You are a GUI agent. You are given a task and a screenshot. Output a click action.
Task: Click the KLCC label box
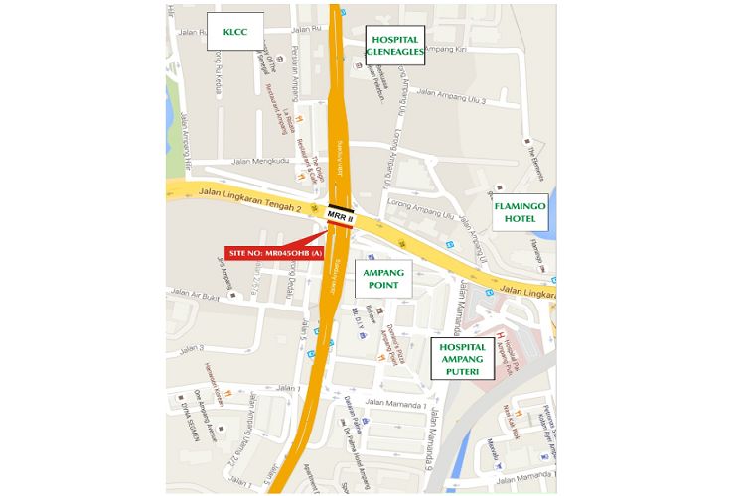(x=235, y=32)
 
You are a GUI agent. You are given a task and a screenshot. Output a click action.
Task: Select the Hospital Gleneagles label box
(x=394, y=45)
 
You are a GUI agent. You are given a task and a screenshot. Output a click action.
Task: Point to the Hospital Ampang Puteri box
(x=462, y=358)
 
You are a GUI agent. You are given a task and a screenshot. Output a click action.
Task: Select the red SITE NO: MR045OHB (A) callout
(x=274, y=253)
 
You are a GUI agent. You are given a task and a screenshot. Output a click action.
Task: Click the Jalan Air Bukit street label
(x=194, y=294)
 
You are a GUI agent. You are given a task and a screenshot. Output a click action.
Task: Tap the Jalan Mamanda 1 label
(x=395, y=403)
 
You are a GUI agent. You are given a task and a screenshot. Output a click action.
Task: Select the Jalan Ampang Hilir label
(x=184, y=139)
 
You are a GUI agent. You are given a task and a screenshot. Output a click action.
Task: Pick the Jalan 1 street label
(x=288, y=388)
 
